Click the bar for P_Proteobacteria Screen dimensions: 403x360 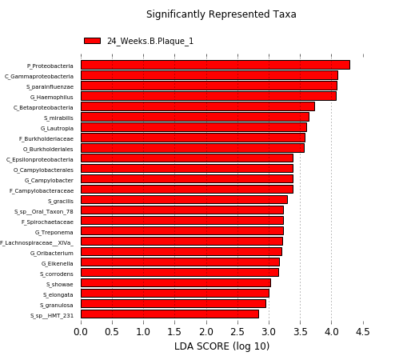(x=215, y=65)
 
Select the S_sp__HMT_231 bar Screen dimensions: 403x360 (x=170, y=314)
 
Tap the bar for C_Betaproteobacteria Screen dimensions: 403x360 (x=198, y=106)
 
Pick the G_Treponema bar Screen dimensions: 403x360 (x=182, y=231)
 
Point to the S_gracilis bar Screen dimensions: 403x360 (x=184, y=200)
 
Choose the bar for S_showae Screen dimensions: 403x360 (x=176, y=283)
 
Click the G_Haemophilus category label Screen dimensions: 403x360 (x=52, y=98)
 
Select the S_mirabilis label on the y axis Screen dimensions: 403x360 (x=58, y=118)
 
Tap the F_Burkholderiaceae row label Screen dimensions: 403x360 (x=46, y=139)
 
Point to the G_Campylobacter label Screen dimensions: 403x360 (x=49, y=181)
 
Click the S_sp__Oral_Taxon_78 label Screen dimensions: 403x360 (x=44, y=212)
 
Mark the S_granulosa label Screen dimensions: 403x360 (x=57, y=306)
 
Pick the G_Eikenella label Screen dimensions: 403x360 (x=58, y=264)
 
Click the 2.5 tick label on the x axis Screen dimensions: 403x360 (x=237, y=332)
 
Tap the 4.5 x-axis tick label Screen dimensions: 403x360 (x=363, y=332)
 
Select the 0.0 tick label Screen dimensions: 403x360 (x=81, y=332)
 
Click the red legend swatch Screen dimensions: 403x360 (x=92, y=41)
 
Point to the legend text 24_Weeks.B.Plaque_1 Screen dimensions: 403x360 (x=150, y=41)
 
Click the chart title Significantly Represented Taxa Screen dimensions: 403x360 (x=221, y=14)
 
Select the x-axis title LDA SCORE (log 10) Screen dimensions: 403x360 (x=222, y=346)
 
